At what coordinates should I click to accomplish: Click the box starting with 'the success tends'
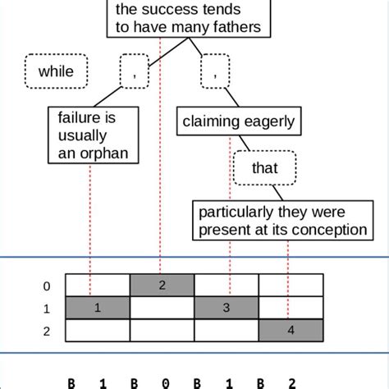pyautogui.click(x=189, y=19)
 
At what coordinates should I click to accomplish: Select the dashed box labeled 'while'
pyautogui.click(x=56, y=71)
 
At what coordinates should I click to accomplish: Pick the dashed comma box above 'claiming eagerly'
pyautogui.click(x=215, y=72)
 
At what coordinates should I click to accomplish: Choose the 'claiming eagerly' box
pyautogui.click(x=239, y=122)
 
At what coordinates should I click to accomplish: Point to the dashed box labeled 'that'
pyautogui.click(x=265, y=169)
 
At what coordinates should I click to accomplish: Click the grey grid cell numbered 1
pyautogui.click(x=98, y=308)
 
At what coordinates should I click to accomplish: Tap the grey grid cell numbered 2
pyautogui.click(x=162, y=285)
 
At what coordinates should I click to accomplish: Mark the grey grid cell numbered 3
pyautogui.click(x=227, y=308)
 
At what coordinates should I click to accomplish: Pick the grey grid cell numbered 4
pyautogui.click(x=291, y=331)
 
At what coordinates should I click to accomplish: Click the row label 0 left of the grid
pyautogui.click(x=47, y=286)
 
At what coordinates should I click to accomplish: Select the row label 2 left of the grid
pyautogui.click(x=47, y=332)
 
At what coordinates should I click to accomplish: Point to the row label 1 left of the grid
pyautogui.click(x=47, y=309)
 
